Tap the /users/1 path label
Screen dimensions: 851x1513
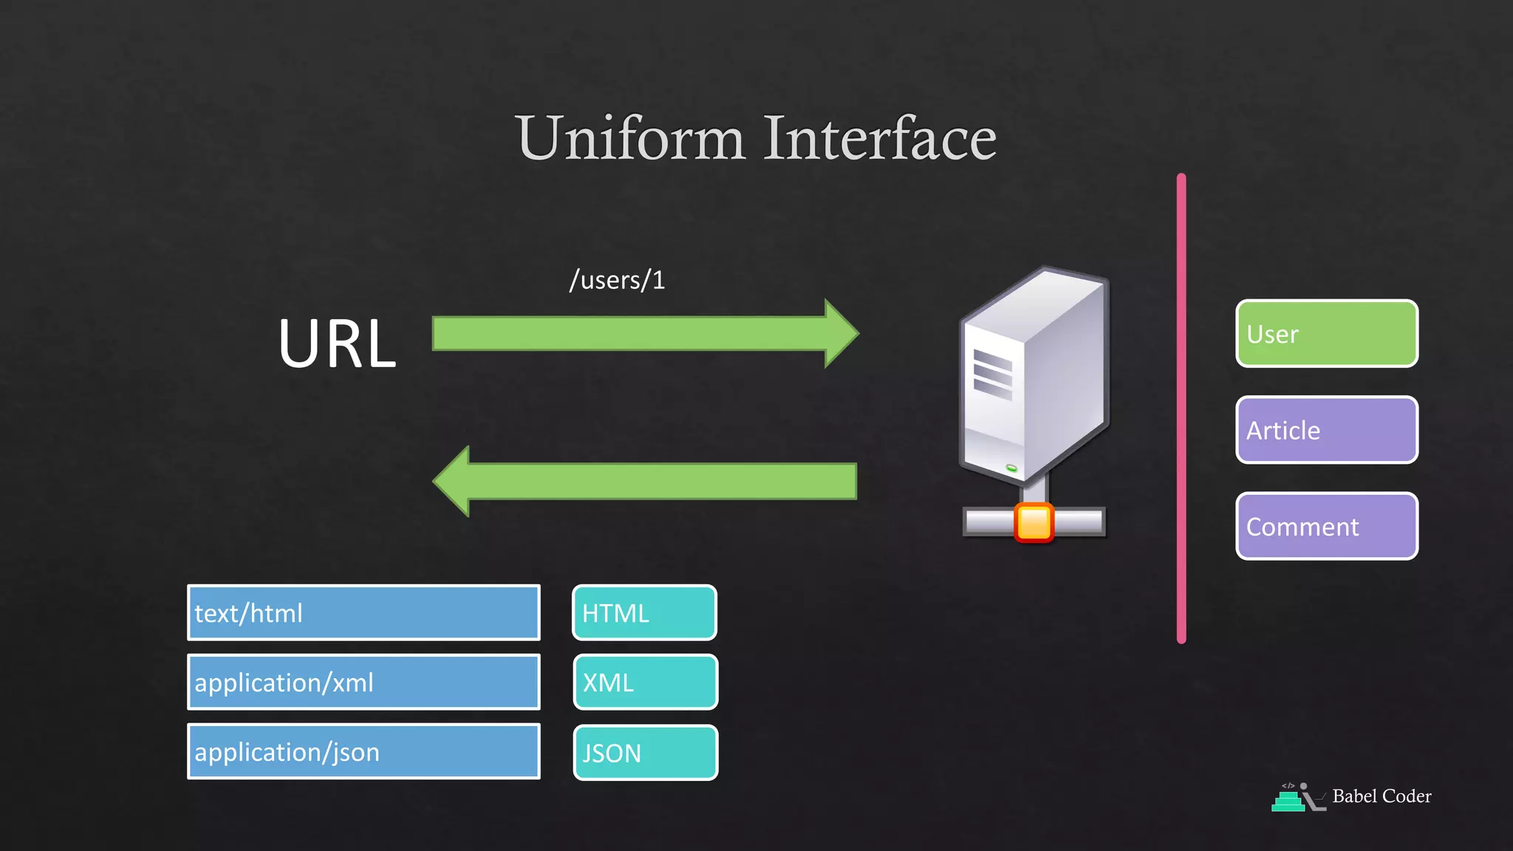click(617, 280)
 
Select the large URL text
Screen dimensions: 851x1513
click(337, 344)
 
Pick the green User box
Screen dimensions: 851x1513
click(1326, 333)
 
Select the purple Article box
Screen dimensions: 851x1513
click(1326, 430)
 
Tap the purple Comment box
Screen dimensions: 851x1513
click(1326, 526)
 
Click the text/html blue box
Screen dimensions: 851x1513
click(363, 612)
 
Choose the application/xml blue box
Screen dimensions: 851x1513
click(363, 682)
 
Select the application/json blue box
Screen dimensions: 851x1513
click(363, 751)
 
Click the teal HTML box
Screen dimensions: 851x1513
click(644, 612)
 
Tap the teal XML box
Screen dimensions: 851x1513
click(645, 682)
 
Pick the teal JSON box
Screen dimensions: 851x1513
click(645, 753)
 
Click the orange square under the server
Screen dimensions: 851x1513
click(1034, 522)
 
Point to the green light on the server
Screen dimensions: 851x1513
click(1011, 468)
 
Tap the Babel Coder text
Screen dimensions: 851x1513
click(1381, 796)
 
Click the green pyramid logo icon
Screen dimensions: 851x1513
click(1288, 801)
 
